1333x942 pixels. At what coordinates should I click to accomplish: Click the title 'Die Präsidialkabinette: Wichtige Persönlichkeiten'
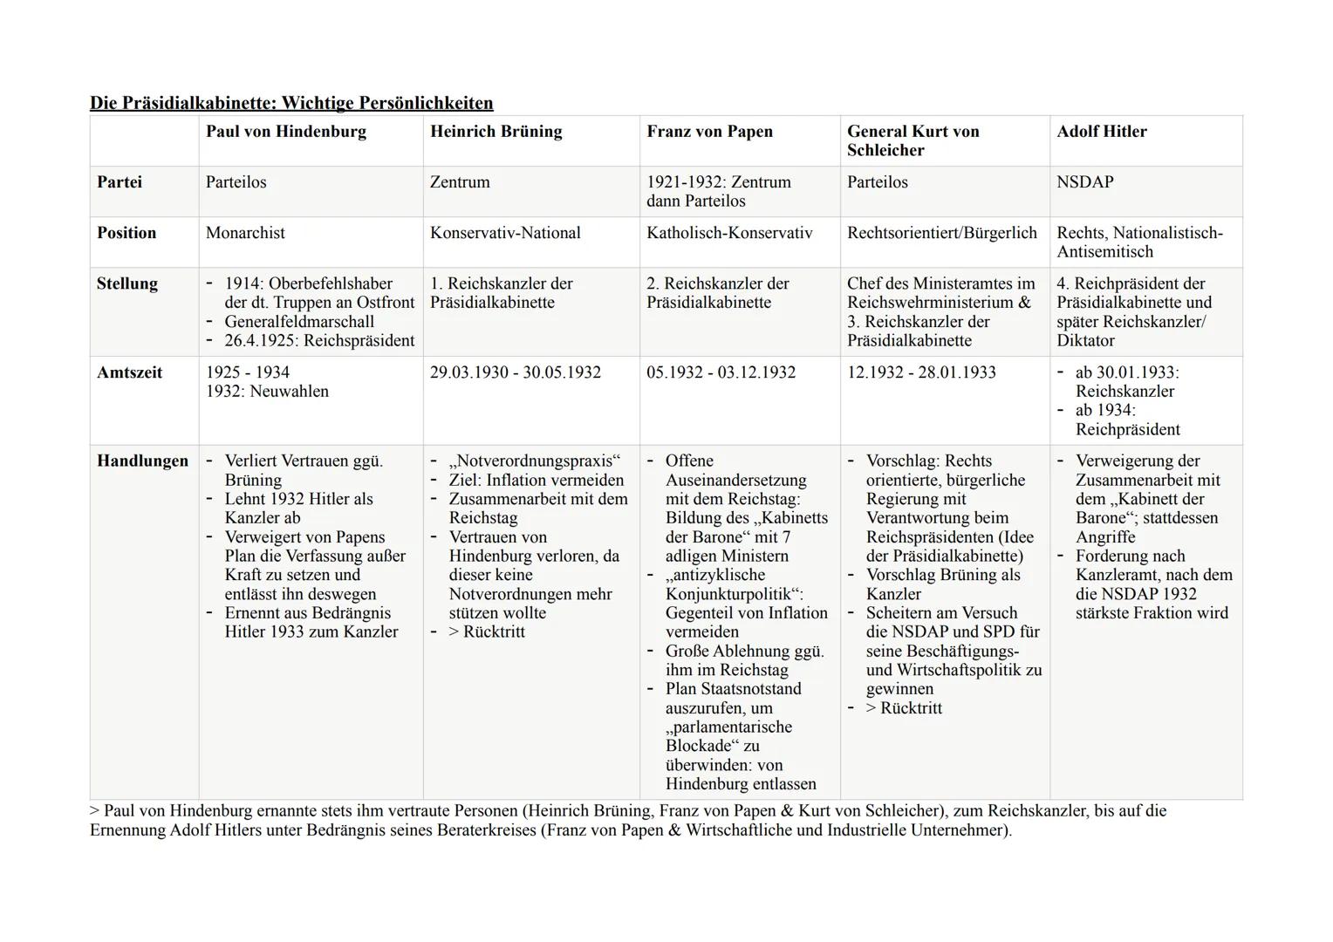pyautogui.click(x=291, y=104)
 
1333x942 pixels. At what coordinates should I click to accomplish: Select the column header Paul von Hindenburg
pyautogui.click(x=285, y=132)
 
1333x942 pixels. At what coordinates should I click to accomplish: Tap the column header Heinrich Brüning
pyautogui.click(x=496, y=132)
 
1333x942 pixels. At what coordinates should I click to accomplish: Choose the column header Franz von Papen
pyautogui.click(x=709, y=132)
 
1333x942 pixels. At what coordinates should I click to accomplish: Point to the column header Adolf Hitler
pyautogui.click(x=1101, y=132)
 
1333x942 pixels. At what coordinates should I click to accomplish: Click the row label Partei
pyautogui.click(x=120, y=182)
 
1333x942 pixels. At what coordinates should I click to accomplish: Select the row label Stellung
pyautogui.click(x=126, y=283)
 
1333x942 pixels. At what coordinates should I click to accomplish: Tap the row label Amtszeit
pyautogui.click(x=129, y=372)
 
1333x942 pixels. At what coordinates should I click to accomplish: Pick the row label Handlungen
pyautogui.click(x=142, y=461)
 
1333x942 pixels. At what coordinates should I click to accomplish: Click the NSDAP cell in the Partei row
pyautogui.click(x=1084, y=182)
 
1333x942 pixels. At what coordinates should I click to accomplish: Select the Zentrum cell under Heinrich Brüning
pyautogui.click(x=460, y=182)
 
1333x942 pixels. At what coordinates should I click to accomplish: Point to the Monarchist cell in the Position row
pyautogui.click(x=245, y=233)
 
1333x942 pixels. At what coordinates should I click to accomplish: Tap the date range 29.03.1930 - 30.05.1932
pyautogui.click(x=515, y=372)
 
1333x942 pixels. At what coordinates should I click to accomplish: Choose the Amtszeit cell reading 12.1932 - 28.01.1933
pyautogui.click(x=921, y=372)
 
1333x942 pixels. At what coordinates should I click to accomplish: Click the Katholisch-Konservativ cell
pyautogui.click(x=728, y=233)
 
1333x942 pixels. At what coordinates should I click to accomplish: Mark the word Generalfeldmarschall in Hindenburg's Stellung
pyautogui.click(x=299, y=322)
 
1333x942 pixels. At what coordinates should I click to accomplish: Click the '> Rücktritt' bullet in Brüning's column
pyautogui.click(x=486, y=632)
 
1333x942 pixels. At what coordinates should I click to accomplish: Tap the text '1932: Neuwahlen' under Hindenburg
pyautogui.click(x=267, y=392)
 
